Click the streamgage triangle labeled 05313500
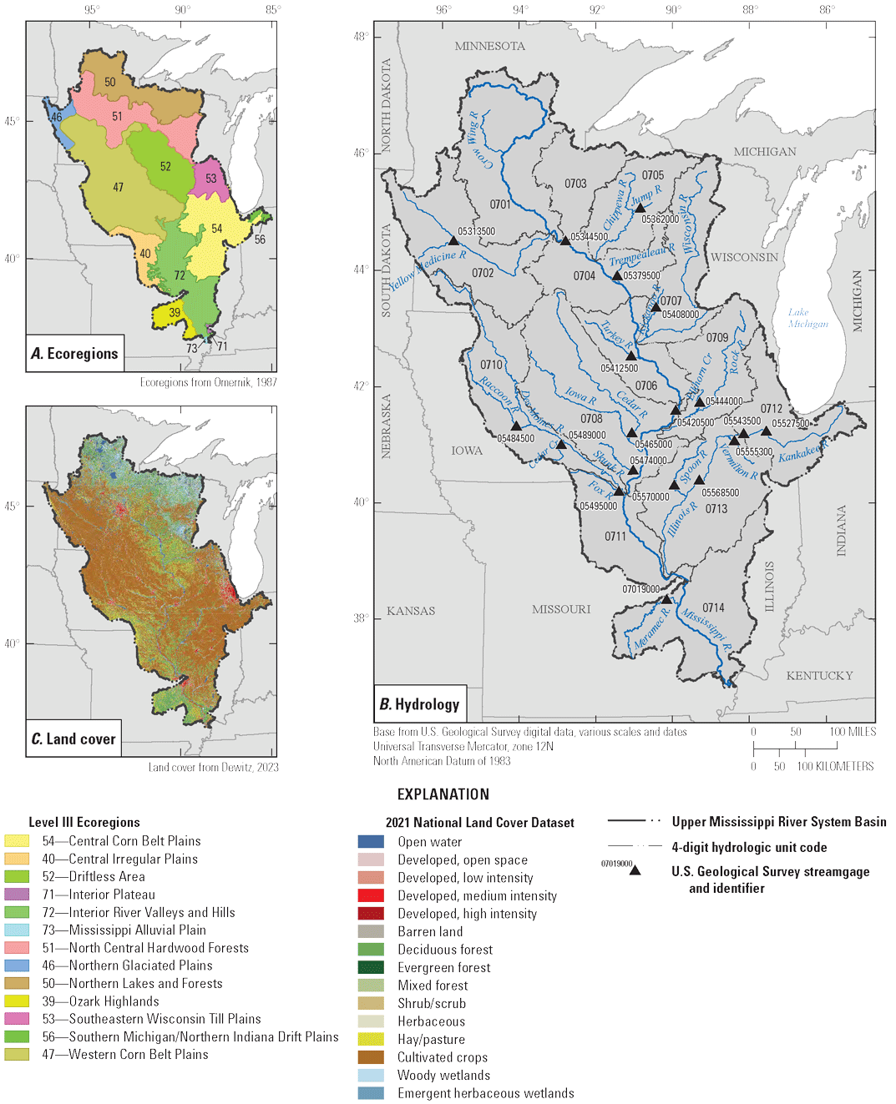pyautogui.click(x=454, y=241)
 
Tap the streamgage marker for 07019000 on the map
pyautogui.click(x=666, y=599)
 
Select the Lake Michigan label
pyautogui.click(x=807, y=318)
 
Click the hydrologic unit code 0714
pyautogui.click(x=713, y=607)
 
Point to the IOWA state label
pyautogui.click(x=467, y=451)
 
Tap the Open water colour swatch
pyautogui.click(x=371, y=842)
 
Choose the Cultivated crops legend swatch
pyautogui.click(x=371, y=1057)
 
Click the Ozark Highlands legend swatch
pyautogui.click(x=17, y=1001)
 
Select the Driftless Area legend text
pyautogui.click(x=107, y=877)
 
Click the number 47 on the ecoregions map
pyautogui.click(x=118, y=187)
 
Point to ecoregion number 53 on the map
pyautogui.click(x=210, y=178)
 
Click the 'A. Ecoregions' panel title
pyautogui.click(x=74, y=354)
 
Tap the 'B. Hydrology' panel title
pyautogui.click(x=419, y=704)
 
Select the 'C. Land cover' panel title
pyautogui.click(x=73, y=739)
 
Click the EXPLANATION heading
pyautogui.click(x=443, y=794)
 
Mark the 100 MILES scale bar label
pyautogui.click(x=853, y=732)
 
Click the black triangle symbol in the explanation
pyautogui.click(x=635, y=870)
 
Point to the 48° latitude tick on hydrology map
pyautogui.click(x=360, y=37)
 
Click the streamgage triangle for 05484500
pyautogui.click(x=516, y=426)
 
